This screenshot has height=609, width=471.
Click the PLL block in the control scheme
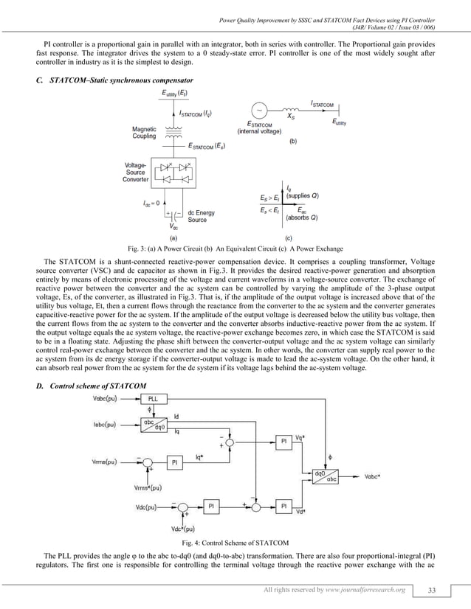click(157, 399)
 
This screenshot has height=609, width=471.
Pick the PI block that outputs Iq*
click(175, 462)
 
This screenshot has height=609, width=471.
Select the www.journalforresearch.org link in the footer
click(371, 590)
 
